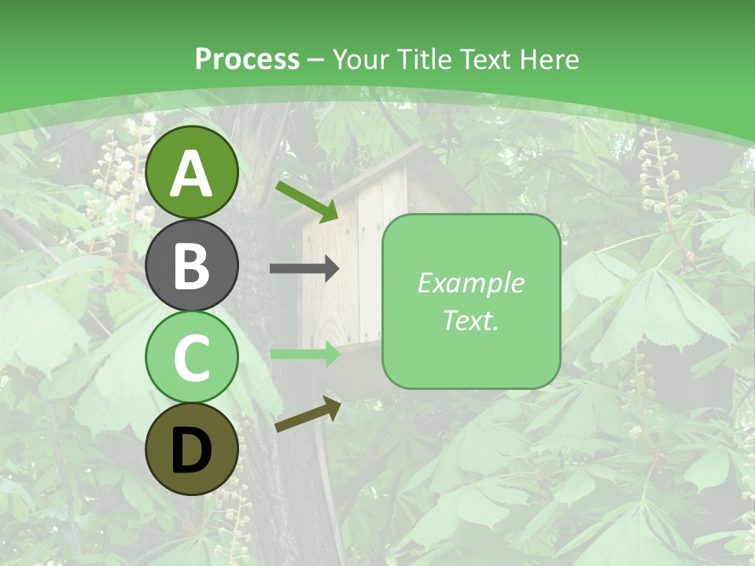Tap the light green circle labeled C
(x=192, y=357)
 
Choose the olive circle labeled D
(x=192, y=449)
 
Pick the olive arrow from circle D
(x=308, y=414)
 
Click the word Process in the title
(x=247, y=60)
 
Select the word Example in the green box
(x=470, y=283)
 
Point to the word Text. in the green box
(x=470, y=320)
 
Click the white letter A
(x=192, y=174)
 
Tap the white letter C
(x=192, y=358)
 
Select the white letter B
(x=192, y=266)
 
